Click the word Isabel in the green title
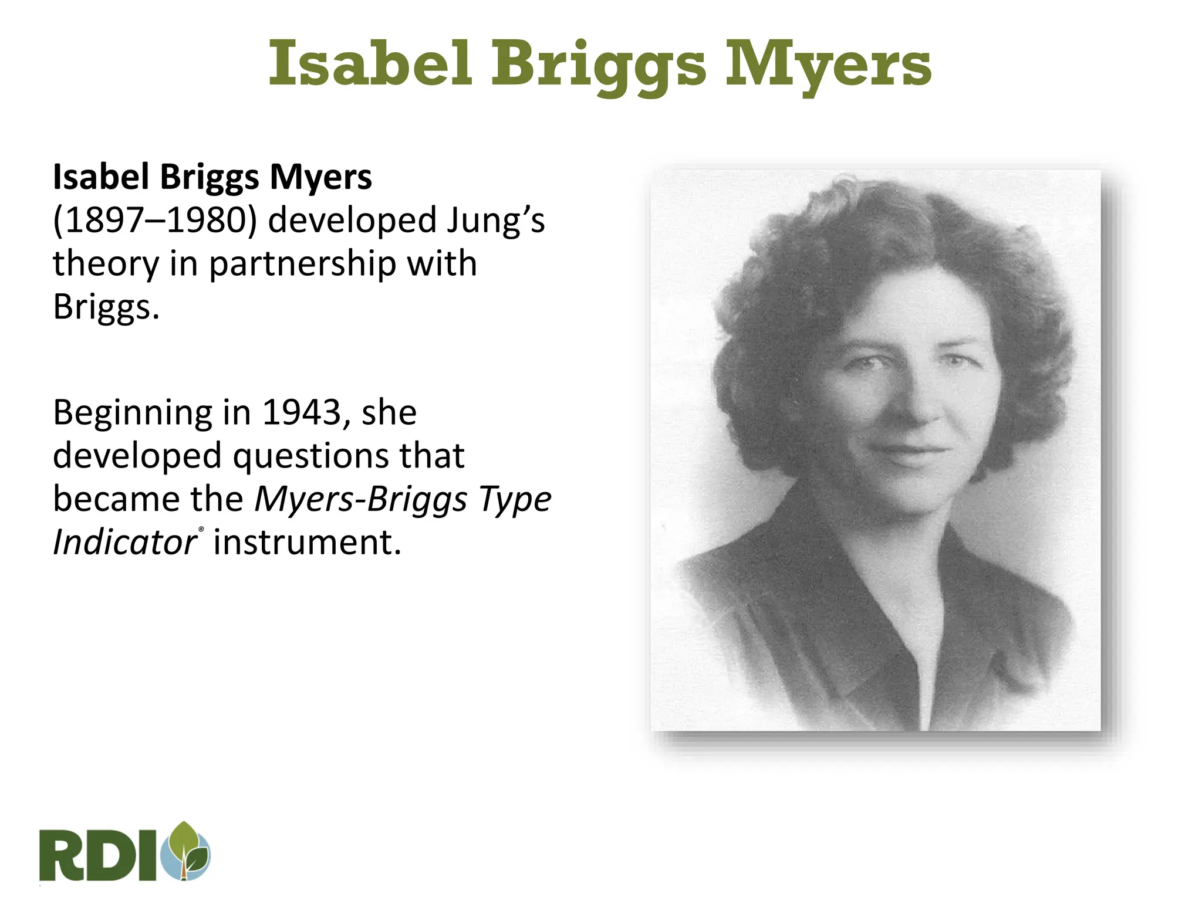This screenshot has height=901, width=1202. [x=370, y=63]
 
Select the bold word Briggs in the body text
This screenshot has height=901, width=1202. [x=209, y=178]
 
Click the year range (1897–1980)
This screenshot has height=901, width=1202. [x=155, y=221]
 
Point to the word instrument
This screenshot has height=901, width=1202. [x=307, y=542]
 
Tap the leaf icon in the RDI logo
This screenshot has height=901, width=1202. [x=187, y=850]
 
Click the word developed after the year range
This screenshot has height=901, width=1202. [x=352, y=221]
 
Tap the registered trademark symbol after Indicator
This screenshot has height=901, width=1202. [x=201, y=530]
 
